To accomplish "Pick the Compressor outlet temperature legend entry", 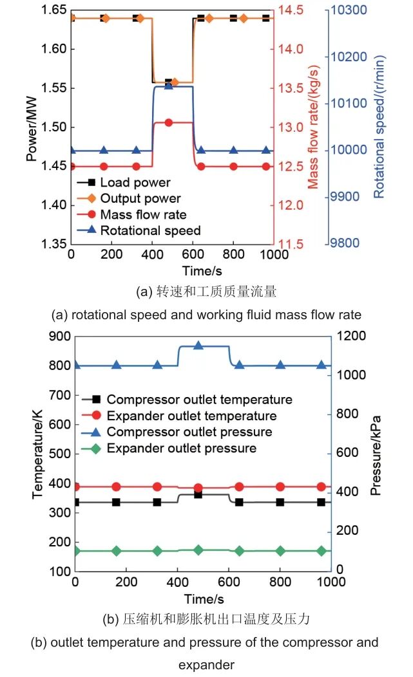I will coord(199,400).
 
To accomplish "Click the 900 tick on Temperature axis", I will coord(60,337).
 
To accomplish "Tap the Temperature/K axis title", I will coord(37,453).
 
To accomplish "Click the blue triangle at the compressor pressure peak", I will coord(198,346).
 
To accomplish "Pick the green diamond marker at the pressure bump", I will coord(198,550).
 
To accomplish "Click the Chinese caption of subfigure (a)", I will coord(206,292).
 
